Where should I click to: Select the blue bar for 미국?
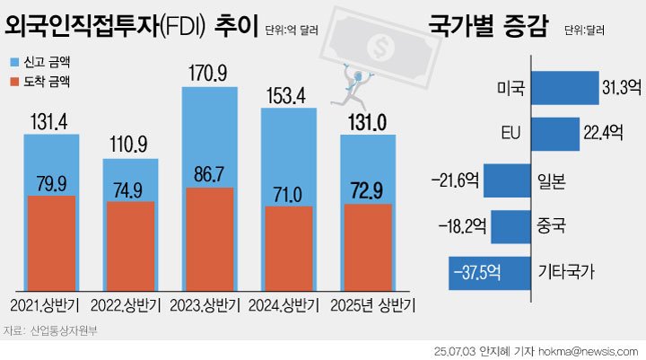(564, 88)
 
